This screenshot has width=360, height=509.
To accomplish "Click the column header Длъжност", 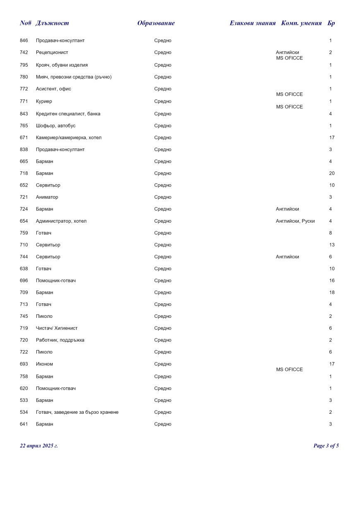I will pos(52,23).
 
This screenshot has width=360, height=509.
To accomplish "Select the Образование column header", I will pos(156,23).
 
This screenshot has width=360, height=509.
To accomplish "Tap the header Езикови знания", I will pos(252,23).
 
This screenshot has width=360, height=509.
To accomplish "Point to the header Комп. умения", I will pos(301,23).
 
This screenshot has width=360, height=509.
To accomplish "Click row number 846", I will pos(24,41).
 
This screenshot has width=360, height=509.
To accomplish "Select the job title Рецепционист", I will pos(52,53).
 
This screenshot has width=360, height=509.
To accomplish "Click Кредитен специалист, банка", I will pos(68,114).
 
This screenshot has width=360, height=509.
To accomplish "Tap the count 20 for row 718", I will pos(331,173).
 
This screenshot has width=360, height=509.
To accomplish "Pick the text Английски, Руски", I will pos(295,221).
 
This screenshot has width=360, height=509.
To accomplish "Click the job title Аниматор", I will pos(47,197).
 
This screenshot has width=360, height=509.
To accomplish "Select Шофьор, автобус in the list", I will pos(55,126).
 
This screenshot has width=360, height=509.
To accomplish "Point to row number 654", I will pos(24,221).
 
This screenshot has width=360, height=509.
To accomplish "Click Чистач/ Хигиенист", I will pos(56,328).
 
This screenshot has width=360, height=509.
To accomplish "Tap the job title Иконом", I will pos(44,364).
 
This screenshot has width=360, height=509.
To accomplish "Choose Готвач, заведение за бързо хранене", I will pos(77,412).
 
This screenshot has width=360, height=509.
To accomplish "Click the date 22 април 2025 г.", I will pos(39,446).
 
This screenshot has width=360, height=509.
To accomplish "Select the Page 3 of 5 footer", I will pos(326,446).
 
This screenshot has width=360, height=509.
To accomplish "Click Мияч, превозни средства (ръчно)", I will pos(74,77).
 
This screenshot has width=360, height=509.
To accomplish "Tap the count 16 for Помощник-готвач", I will pos(331,281).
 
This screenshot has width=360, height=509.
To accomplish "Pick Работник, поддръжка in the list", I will pos(60,340).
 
